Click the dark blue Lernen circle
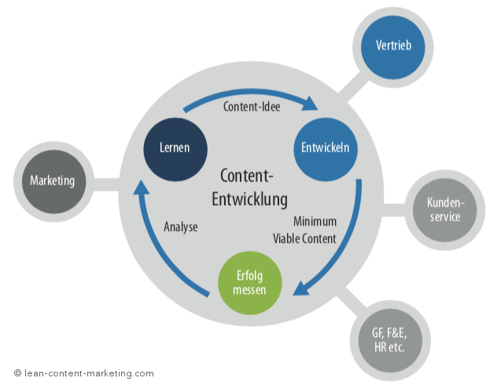click(174, 148)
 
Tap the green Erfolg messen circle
click(249, 282)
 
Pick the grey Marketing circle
click(52, 181)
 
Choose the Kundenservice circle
click(444, 210)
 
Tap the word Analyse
click(181, 227)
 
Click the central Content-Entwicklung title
click(249, 188)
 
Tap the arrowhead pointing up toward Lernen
click(141, 189)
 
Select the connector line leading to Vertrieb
click(349, 88)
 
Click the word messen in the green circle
click(249, 290)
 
